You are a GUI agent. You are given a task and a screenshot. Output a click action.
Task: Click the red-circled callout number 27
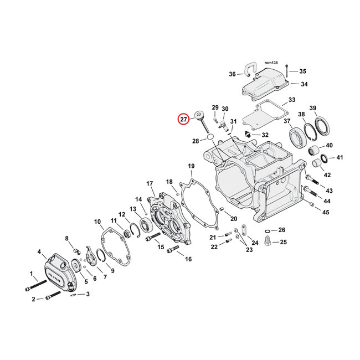coord(183,119)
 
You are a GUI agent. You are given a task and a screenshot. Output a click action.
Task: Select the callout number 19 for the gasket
coord(191,166)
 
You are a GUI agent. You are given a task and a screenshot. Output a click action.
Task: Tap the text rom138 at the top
coord(270,63)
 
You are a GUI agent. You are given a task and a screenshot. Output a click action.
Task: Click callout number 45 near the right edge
coord(326,212)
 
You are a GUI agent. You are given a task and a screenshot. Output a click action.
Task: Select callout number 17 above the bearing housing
coord(149,184)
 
